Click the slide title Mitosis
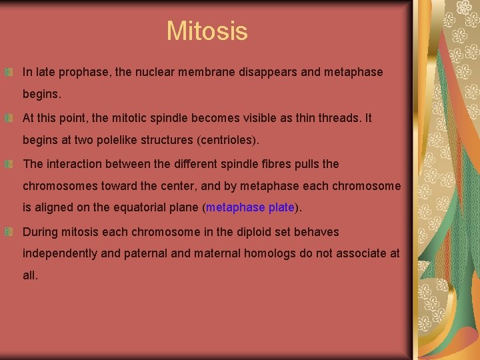pos(207,31)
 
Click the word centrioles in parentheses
pos(227,141)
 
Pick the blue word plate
pos(281,207)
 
